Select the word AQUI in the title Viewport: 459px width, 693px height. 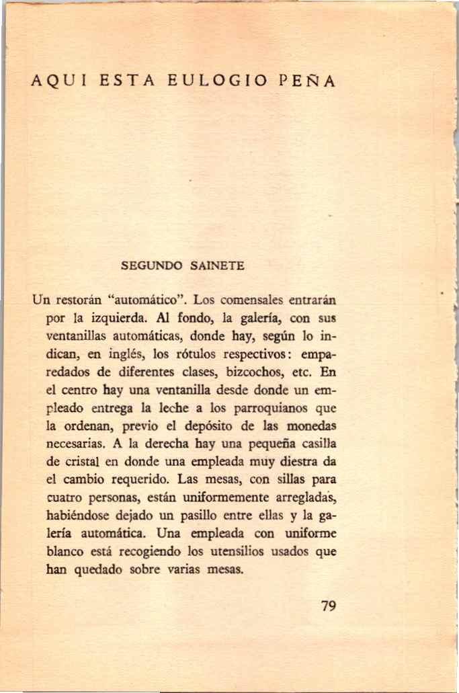click(56, 83)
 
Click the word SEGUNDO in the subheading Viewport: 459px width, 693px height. click(148, 266)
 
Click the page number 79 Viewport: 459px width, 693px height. click(328, 606)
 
